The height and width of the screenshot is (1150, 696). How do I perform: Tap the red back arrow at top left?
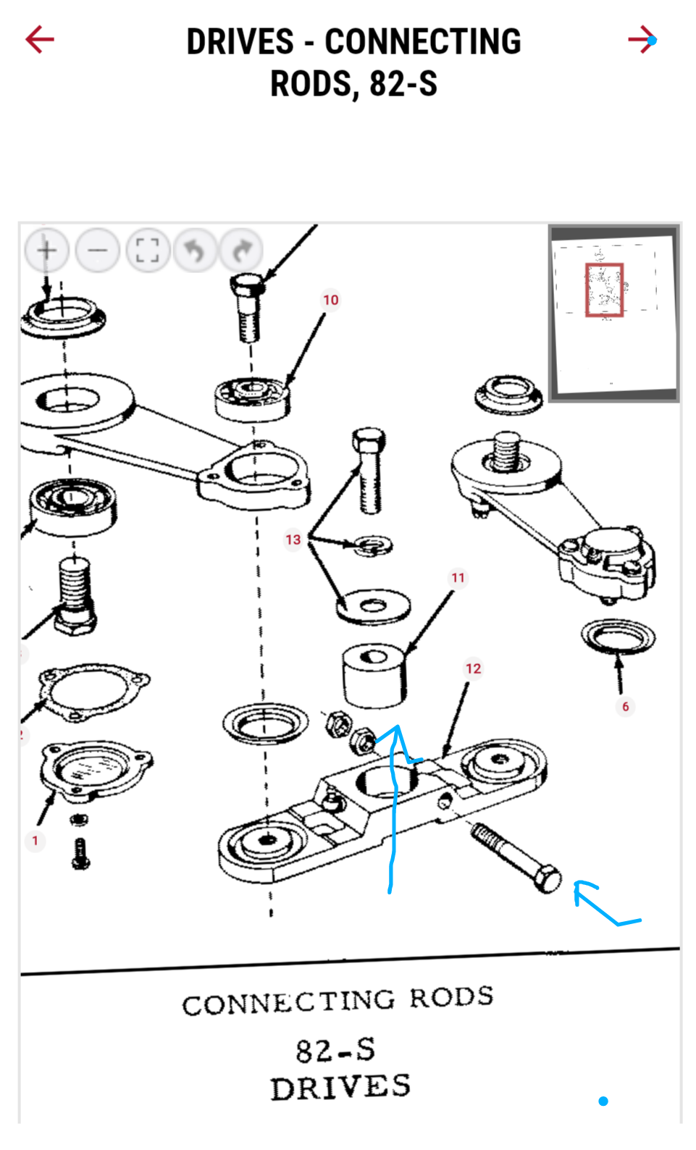[x=40, y=40]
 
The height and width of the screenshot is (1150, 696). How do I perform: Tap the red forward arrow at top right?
[x=642, y=40]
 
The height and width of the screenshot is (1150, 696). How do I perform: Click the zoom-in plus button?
[x=47, y=251]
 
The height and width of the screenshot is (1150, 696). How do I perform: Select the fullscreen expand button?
[x=148, y=251]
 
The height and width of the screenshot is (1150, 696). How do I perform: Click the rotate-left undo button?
[x=195, y=251]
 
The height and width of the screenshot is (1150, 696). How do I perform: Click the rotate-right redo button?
[x=242, y=251]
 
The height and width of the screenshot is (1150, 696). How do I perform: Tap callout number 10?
[x=331, y=300]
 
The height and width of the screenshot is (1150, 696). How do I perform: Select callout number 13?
[x=293, y=540]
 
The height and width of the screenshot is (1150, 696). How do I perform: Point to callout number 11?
[x=458, y=578]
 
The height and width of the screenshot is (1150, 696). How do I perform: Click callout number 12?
[x=473, y=668]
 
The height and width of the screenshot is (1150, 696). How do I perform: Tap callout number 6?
[x=626, y=707]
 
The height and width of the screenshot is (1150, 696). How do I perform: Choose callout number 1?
[x=35, y=841]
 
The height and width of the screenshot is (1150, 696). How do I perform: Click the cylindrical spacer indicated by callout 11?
[x=374, y=677]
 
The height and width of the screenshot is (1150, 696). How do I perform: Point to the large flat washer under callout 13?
[x=373, y=605]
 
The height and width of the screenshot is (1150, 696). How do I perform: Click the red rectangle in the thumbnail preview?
[x=604, y=290]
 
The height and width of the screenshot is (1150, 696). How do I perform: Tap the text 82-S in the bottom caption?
[x=336, y=1050]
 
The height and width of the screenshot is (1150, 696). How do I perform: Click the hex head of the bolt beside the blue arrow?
[x=548, y=878]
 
